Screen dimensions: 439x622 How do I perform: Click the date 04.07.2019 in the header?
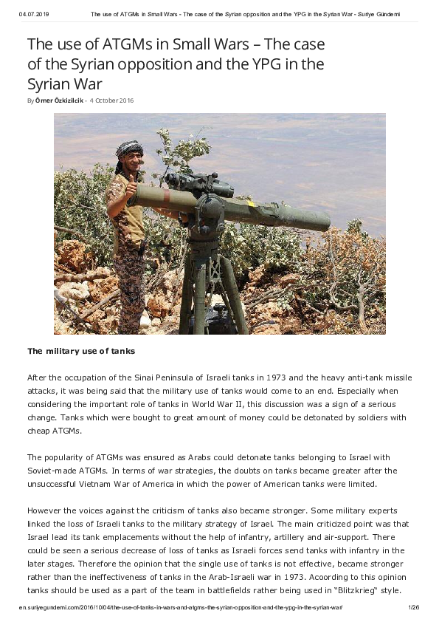[33, 14]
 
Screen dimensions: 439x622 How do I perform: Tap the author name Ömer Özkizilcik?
[60, 100]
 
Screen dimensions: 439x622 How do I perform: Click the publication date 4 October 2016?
[111, 100]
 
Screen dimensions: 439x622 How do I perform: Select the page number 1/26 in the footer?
[413, 606]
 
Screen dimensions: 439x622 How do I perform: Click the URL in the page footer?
[181, 606]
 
